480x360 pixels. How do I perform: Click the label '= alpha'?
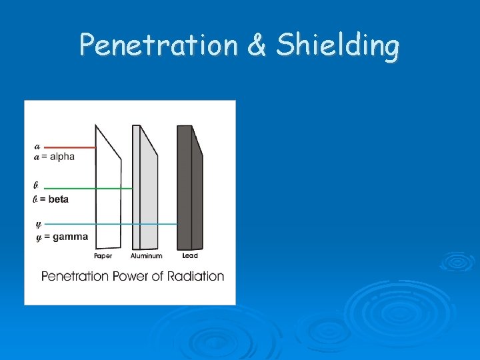click(x=58, y=157)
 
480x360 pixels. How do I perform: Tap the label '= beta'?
click(x=54, y=199)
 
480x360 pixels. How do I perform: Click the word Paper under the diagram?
click(x=103, y=256)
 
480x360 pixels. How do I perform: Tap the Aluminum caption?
click(x=147, y=256)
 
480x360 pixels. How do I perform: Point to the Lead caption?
click(x=190, y=256)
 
